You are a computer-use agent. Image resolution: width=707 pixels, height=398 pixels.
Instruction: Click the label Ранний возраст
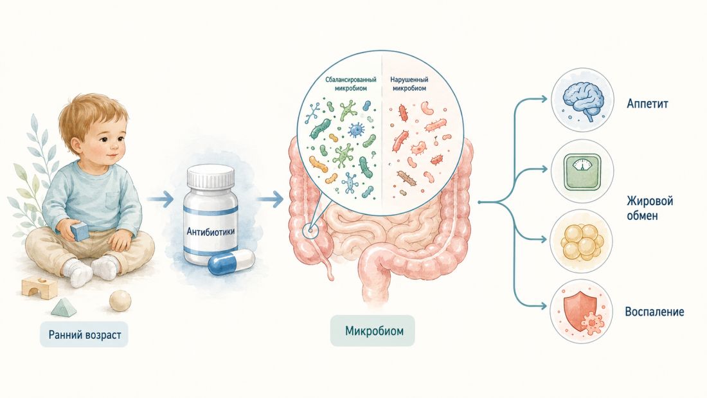pyautogui.click(x=85, y=335)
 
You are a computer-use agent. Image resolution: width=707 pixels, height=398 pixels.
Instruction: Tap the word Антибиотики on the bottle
pyautogui.click(x=211, y=231)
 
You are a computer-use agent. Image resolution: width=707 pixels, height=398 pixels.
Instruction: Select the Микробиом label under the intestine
pyautogui.click(x=374, y=330)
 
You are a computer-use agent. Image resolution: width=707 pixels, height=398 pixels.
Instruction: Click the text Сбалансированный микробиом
pyautogui.click(x=351, y=84)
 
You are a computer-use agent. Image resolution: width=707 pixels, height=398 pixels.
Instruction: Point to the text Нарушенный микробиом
pyautogui.click(x=409, y=84)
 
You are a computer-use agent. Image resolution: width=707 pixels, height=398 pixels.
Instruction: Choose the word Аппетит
pyautogui.click(x=647, y=104)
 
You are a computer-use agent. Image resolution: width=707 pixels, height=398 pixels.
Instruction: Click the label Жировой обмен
pyautogui.click(x=649, y=208)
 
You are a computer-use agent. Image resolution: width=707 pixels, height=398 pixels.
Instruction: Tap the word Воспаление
pyautogui.click(x=654, y=312)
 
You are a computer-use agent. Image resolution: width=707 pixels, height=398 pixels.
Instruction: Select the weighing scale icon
pyautogui.click(x=582, y=171)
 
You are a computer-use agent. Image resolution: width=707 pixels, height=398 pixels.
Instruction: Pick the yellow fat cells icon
pyautogui.click(x=582, y=241)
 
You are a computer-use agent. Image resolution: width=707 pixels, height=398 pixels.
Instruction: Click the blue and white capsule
pyautogui.click(x=231, y=261)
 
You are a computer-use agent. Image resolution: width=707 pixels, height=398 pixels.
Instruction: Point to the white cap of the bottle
pyautogui.click(x=211, y=177)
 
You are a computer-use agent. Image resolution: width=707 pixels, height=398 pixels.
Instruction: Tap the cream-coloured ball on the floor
pyautogui.click(x=120, y=300)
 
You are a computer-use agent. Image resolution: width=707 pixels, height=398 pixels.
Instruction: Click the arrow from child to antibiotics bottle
pyautogui.click(x=160, y=199)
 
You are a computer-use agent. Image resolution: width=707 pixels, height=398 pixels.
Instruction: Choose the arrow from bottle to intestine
pyautogui.click(x=270, y=199)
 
